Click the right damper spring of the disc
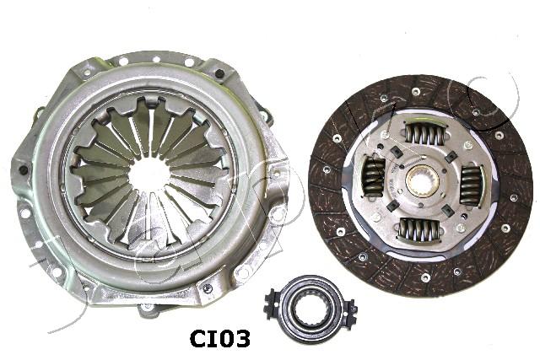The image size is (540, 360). [469, 183]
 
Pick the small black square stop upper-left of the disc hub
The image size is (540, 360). [394, 152]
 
